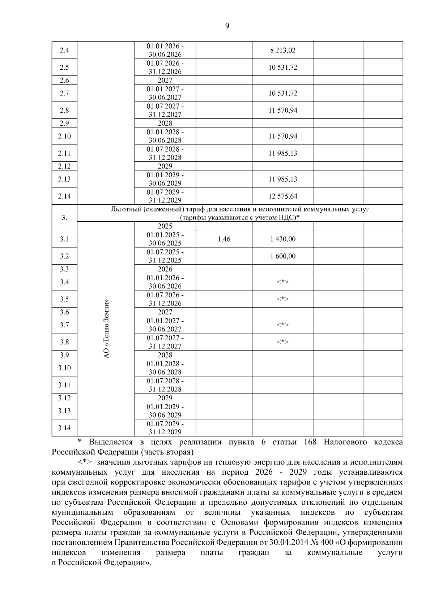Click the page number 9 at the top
click(x=227, y=26)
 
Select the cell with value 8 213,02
click(x=282, y=50)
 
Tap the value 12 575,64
click(x=282, y=196)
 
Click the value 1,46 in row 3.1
click(x=224, y=239)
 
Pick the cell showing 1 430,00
click(x=282, y=239)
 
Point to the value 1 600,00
click(x=282, y=256)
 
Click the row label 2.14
click(x=64, y=196)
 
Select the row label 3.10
click(x=64, y=368)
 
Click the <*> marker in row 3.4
click(x=282, y=282)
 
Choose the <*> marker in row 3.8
click(x=282, y=342)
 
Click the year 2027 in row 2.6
click(x=165, y=81)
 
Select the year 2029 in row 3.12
click(x=165, y=398)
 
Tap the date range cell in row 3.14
click(x=165, y=428)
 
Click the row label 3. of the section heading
click(x=64, y=218)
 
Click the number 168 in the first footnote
click(x=310, y=442)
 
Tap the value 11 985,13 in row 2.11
click(x=282, y=153)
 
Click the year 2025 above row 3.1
click(x=165, y=226)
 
